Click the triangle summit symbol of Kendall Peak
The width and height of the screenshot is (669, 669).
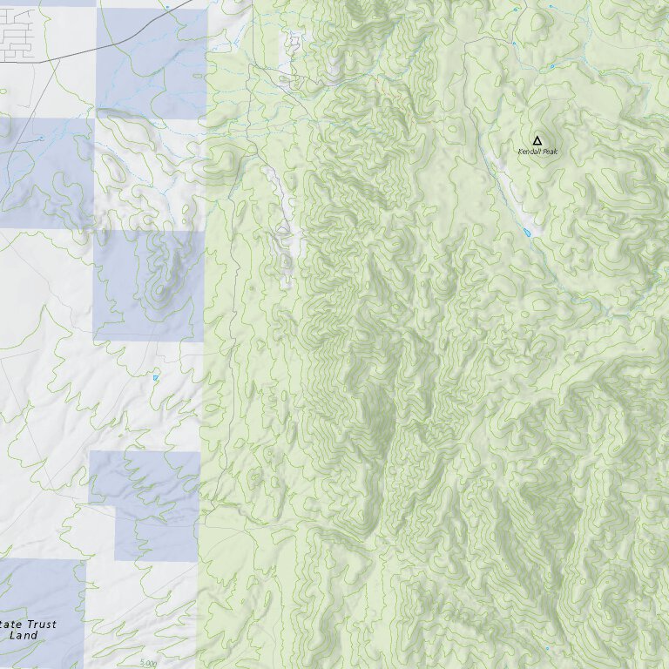coord(537,140)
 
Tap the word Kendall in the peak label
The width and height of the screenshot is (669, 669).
coord(528,152)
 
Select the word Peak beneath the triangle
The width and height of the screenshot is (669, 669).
coord(549,152)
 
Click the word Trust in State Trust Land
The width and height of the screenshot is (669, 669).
coord(40,625)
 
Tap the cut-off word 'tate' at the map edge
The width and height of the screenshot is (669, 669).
coord(10,625)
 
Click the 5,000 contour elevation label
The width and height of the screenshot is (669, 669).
coord(149,663)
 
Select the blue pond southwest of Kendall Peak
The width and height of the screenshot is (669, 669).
coord(527,233)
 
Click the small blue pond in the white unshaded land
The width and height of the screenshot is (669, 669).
coord(156,378)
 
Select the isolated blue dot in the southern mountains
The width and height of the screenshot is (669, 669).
coord(547,649)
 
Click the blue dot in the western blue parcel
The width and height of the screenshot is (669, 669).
coord(41,139)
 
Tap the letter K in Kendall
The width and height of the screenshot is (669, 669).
coord(520,152)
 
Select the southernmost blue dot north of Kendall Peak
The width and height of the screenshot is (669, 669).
coord(552,66)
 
